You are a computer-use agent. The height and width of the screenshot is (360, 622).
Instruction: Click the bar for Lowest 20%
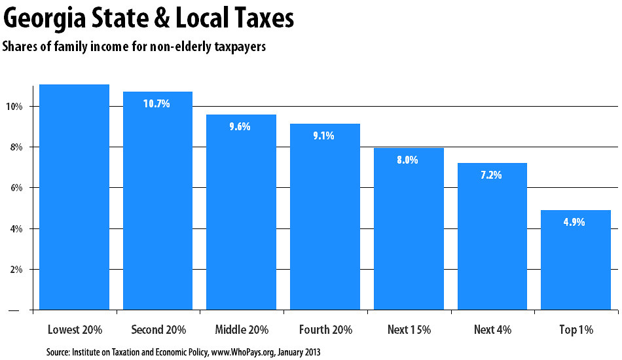(74, 196)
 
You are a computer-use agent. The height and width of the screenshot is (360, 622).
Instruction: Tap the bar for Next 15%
(409, 228)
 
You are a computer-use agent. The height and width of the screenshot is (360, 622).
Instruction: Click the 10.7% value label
(157, 103)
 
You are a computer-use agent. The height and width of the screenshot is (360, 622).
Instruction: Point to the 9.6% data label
(240, 126)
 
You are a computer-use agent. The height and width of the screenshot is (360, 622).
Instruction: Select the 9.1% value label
(324, 136)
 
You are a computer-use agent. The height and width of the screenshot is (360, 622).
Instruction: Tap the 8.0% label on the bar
(408, 159)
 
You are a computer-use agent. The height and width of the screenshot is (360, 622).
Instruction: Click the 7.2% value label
(492, 175)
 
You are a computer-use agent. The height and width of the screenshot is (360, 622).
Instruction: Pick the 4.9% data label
(575, 222)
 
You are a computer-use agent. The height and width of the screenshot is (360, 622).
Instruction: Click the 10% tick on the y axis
(16, 107)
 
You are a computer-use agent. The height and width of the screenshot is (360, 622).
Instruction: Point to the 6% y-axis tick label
(17, 189)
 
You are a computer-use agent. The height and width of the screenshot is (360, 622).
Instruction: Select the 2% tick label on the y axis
(17, 270)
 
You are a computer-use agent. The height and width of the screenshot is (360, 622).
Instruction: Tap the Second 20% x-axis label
(158, 330)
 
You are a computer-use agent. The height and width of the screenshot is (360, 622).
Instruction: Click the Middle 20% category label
(241, 330)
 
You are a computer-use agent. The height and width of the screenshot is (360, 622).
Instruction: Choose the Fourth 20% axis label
(325, 330)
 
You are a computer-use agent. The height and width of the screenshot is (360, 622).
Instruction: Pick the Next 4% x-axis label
(492, 330)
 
